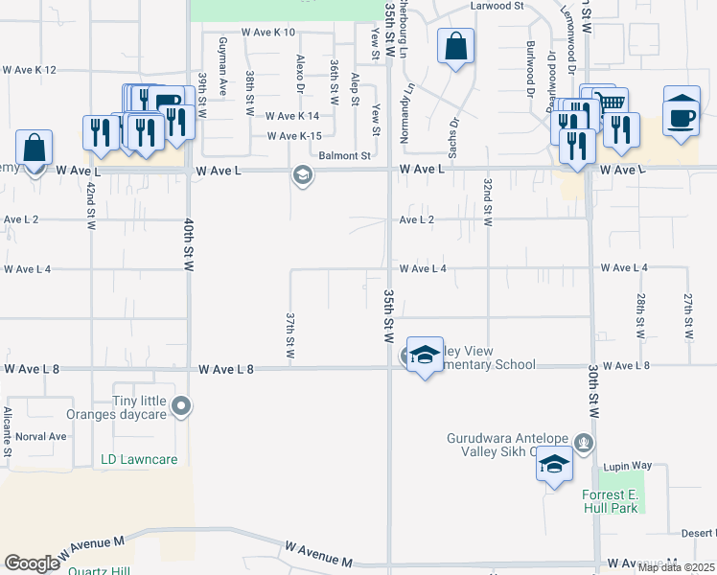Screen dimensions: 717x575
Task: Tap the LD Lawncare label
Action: pyautogui.click(x=139, y=460)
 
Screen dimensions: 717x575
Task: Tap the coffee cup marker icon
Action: pyautogui.click(x=682, y=114)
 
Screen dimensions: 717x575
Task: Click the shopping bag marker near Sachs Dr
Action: pyautogui.click(x=456, y=46)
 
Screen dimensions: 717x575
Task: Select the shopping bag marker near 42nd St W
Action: pyautogui.click(x=34, y=149)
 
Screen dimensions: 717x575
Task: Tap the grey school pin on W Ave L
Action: pyautogui.click(x=303, y=175)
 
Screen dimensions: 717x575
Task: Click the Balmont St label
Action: pyautogui.click(x=344, y=155)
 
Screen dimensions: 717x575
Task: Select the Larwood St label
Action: pyautogui.click(x=498, y=6)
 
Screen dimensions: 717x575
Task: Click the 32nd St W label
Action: pyautogui.click(x=488, y=201)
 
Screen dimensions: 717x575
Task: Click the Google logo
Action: pyautogui.click(x=32, y=563)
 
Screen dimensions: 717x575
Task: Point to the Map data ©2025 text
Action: pyautogui.click(x=676, y=567)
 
